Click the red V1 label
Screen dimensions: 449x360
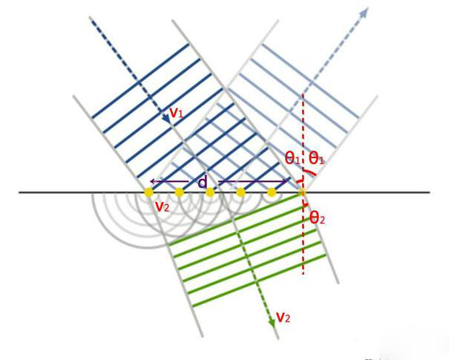(177, 113)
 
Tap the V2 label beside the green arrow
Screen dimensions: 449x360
(283, 318)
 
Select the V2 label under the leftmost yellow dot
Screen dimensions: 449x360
(163, 206)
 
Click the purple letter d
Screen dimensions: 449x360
(202, 180)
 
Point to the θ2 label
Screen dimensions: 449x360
(318, 217)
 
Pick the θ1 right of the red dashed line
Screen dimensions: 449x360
(316, 157)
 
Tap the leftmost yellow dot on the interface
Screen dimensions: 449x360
(148, 193)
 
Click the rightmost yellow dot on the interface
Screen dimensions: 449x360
(302, 193)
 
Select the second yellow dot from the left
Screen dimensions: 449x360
(180, 193)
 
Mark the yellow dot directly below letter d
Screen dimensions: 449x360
(210, 193)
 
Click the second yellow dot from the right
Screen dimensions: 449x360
(272, 193)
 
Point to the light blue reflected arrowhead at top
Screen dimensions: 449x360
(364, 11)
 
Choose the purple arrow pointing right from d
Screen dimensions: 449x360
(252, 181)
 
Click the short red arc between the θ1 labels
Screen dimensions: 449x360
(304, 177)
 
